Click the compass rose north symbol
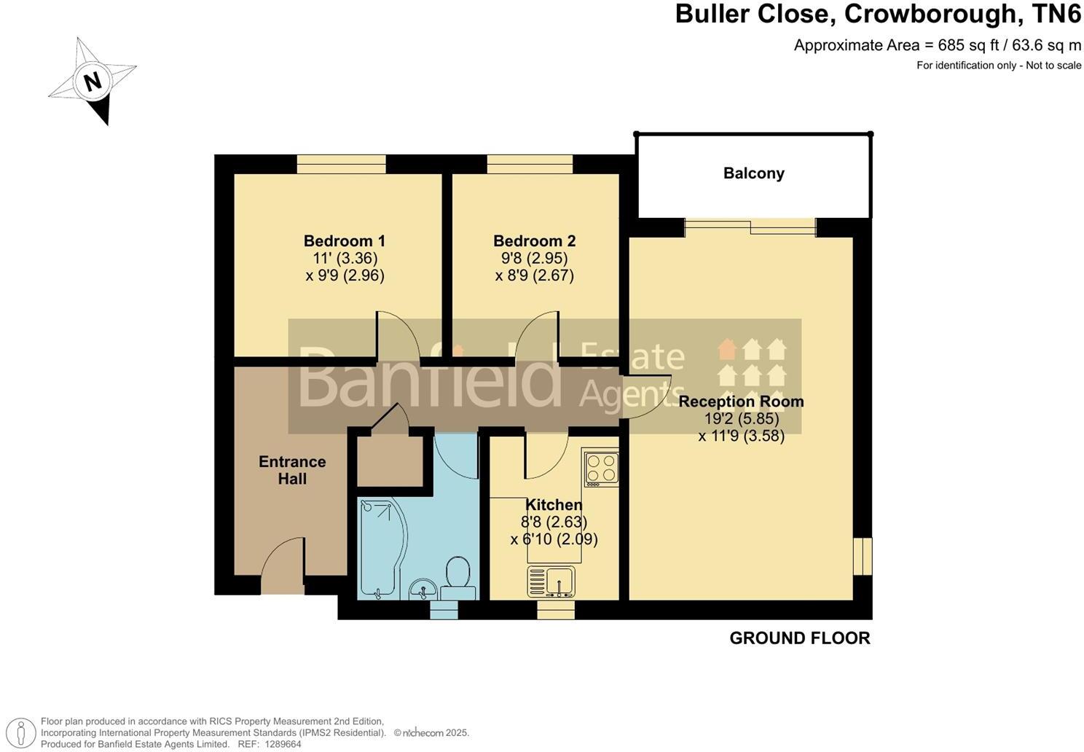click(x=93, y=81)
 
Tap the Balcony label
click(x=753, y=173)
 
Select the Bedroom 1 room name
click(x=345, y=241)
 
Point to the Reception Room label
click(x=741, y=402)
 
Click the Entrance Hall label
click(x=292, y=470)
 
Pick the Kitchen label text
click(x=554, y=505)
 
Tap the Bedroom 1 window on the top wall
click(x=341, y=165)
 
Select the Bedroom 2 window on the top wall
click(x=530, y=165)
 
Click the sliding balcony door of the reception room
click(x=750, y=227)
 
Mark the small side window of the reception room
click(x=863, y=557)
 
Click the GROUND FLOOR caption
click(x=799, y=638)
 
